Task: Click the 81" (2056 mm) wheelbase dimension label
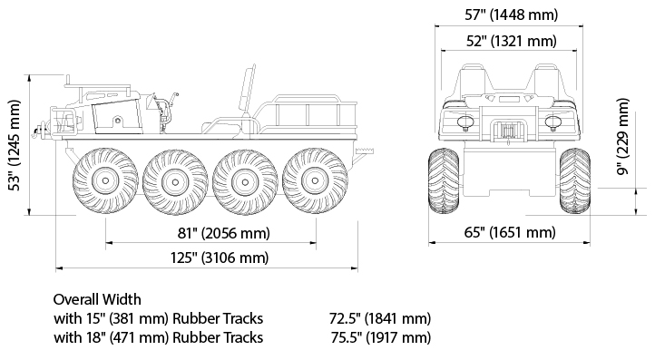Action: point(224,233)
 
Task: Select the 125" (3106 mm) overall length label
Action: point(220,258)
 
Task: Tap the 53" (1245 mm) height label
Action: point(15,145)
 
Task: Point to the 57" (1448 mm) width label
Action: point(512,15)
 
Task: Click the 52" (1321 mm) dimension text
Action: point(512,41)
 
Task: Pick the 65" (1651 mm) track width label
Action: point(510,232)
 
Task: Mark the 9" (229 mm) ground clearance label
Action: point(623,137)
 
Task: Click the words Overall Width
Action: point(97,299)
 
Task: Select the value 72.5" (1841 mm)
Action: point(380,318)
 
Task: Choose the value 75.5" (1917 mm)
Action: point(380,337)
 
